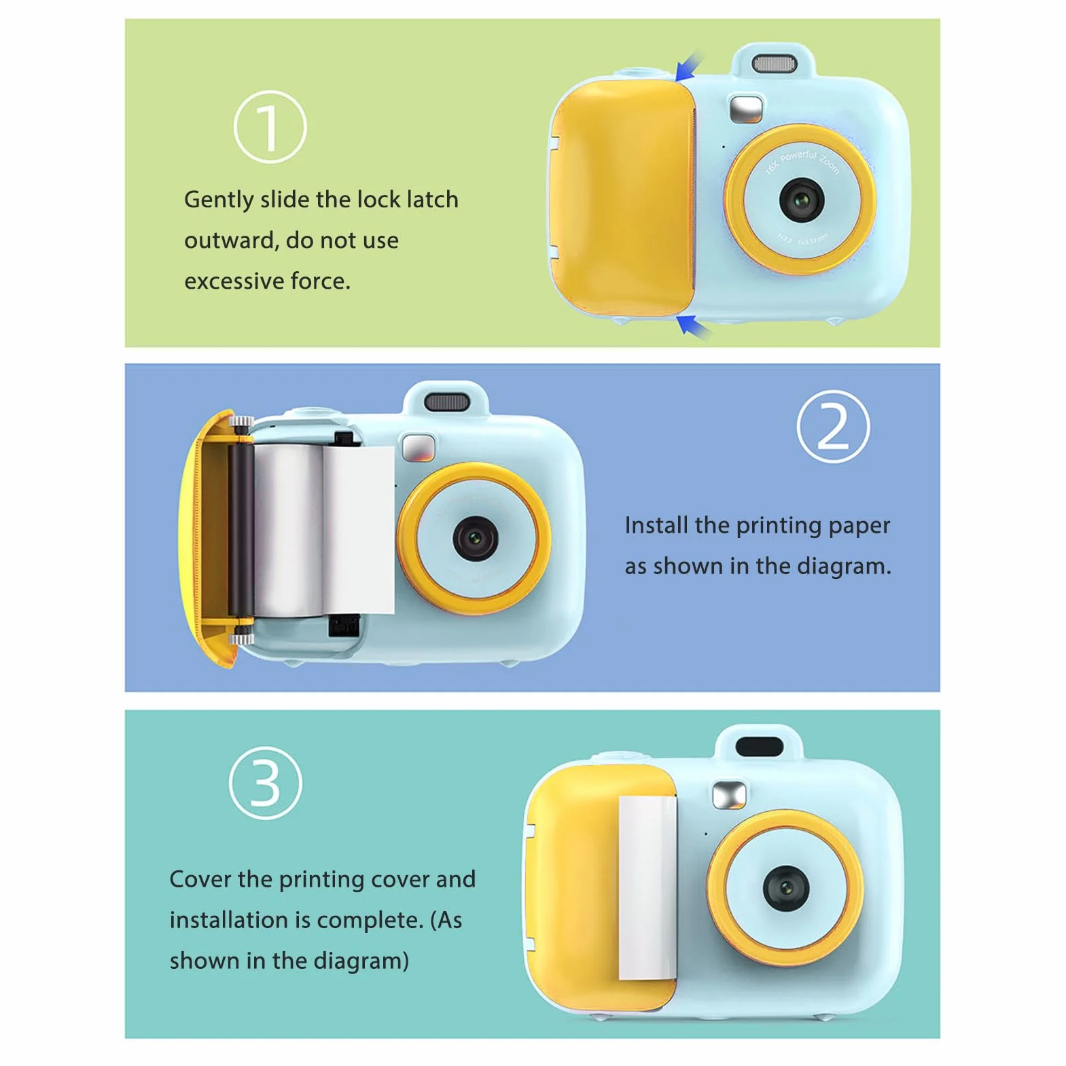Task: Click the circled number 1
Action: pos(270,127)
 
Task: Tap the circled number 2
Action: pos(833,427)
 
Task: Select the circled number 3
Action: pos(266,783)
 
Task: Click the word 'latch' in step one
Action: pos(432,200)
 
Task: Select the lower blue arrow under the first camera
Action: pos(694,327)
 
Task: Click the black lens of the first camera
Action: pos(802,200)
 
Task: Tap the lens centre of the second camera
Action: pos(476,538)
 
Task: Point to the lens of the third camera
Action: pos(786,888)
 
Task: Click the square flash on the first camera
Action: pos(745,109)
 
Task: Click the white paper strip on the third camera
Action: pos(647,887)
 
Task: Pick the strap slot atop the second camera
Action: pos(446,402)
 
